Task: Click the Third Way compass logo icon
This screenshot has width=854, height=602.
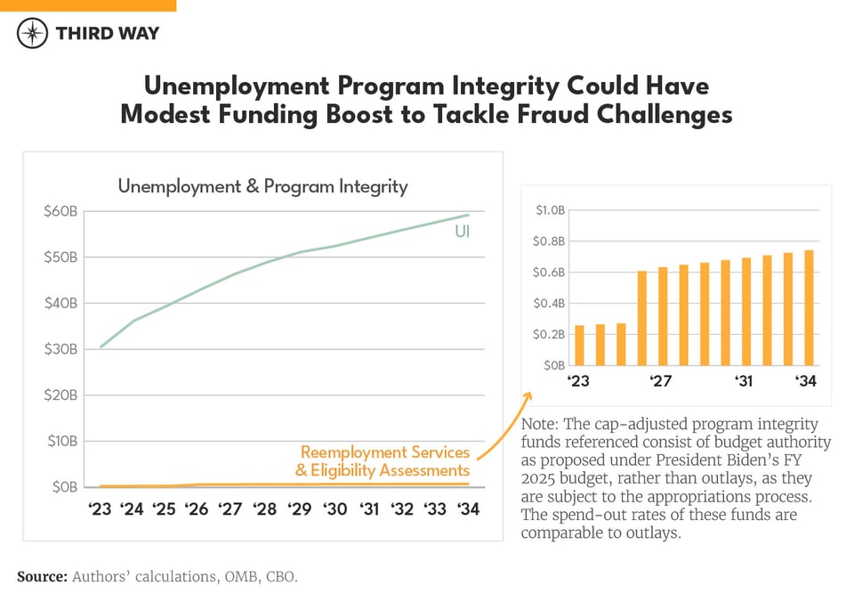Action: coord(32,34)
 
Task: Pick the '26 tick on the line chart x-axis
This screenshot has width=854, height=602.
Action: coord(197,509)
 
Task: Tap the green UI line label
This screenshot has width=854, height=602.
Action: coord(462,232)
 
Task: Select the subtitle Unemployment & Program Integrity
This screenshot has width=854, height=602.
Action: coord(262,186)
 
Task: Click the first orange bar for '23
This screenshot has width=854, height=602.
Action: coord(580,346)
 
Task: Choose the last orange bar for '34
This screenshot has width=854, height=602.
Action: coord(809,308)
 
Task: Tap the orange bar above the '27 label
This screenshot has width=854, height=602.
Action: coord(663,316)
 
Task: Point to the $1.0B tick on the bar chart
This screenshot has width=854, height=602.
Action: coord(549,210)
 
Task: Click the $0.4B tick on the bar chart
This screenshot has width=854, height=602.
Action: coord(549,304)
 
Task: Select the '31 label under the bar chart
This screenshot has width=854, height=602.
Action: coord(743,381)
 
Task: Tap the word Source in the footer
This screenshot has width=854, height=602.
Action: coord(42,577)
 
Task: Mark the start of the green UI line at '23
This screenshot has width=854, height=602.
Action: coord(101,347)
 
